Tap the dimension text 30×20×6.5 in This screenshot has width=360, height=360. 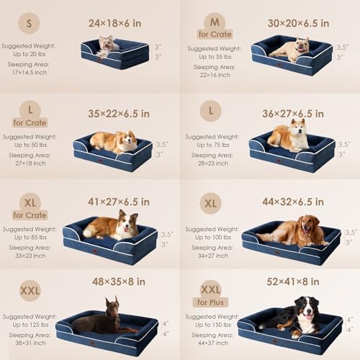[298, 23]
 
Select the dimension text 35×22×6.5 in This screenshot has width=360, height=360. [119, 113]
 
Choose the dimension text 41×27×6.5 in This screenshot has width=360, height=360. [119, 202]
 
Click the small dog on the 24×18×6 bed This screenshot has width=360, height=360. [109, 45]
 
